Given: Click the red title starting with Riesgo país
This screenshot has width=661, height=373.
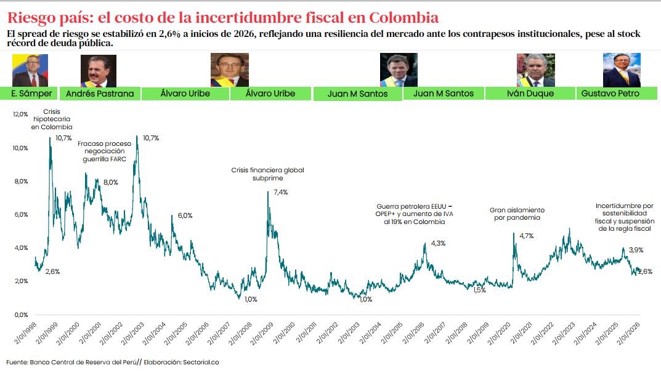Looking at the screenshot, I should tap(222, 16).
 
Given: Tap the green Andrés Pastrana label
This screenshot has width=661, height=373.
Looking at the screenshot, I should tap(99, 94).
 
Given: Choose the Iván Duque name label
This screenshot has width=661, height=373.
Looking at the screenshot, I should tap(530, 94).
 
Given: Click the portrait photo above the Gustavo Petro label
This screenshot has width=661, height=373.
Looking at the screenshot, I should tap(621, 70).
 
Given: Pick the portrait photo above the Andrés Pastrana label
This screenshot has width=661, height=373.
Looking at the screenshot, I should tap(99, 71).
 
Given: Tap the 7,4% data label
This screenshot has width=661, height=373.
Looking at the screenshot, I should tap(280, 193).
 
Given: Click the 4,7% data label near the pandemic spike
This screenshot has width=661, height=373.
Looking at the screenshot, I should tap(526, 236).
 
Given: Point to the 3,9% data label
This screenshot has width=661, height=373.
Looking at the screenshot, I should tap(636, 250).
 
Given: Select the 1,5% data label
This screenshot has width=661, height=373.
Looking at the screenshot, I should tap(480, 290).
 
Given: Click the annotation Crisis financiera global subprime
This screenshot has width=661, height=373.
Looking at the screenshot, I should tap(267, 174).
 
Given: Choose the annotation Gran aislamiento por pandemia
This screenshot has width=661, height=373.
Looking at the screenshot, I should tap(517, 214).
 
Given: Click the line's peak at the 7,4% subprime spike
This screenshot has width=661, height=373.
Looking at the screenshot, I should tap(267, 192).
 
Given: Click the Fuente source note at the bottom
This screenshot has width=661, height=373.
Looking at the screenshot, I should tap(113, 362).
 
